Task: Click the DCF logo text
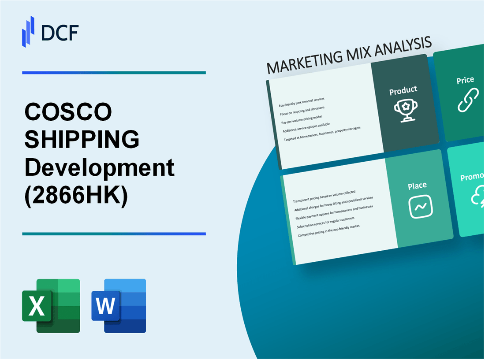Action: [60, 33]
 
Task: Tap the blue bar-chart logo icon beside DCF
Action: [29, 32]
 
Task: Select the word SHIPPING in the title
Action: [82, 140]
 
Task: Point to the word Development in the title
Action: [100, 168]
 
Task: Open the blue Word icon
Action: [119, 305]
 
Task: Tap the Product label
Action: [403, 91]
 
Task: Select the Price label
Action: [465, 80]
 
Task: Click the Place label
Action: [417, 186]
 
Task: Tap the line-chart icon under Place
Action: [421, 206]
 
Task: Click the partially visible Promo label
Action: [472, 177]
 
